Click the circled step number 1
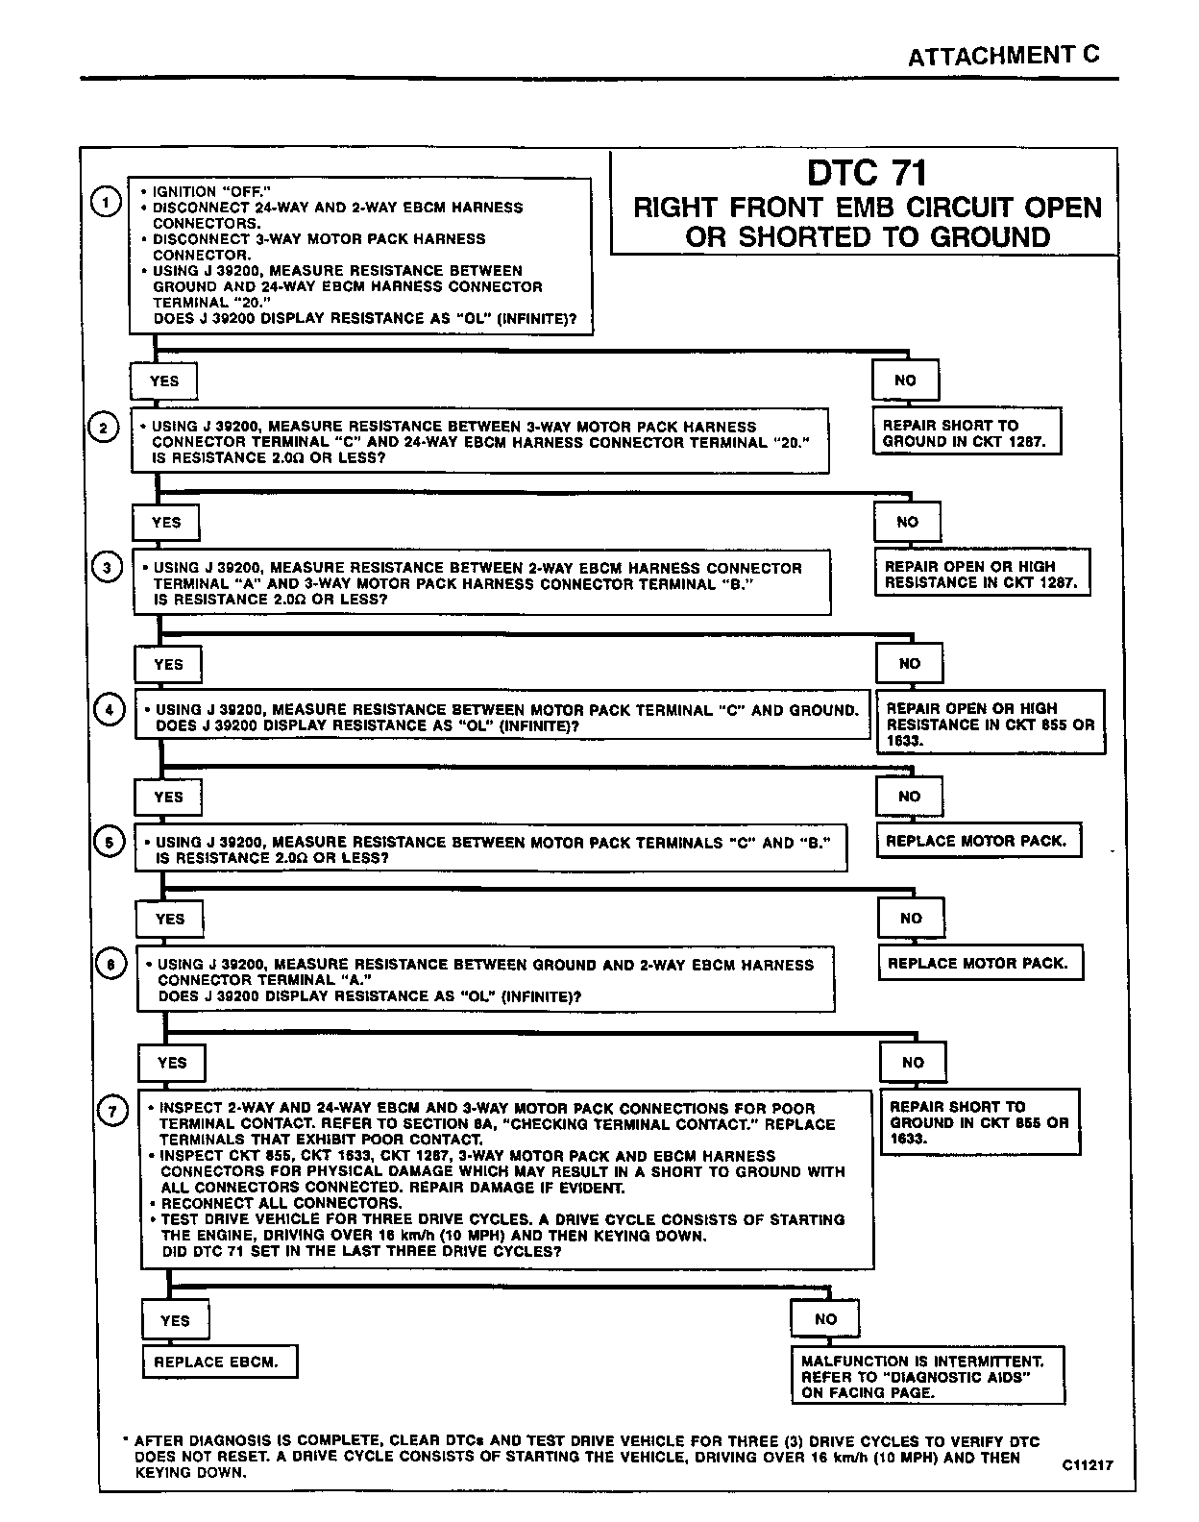105,202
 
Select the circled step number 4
110,710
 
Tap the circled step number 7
112,1112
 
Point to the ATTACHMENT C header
1003,56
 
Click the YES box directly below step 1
164,381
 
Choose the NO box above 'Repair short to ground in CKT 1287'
905,380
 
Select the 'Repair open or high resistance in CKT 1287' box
981,575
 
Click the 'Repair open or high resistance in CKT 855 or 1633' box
990,724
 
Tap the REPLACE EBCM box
218,1362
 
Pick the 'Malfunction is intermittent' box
927,1376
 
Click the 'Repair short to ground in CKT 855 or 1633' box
979,1122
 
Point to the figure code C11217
1087,1465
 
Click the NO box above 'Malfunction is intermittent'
825,1319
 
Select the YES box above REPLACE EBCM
175,1320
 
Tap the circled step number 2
104,428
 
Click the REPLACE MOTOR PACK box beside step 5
976,841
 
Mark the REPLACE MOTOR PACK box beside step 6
978,963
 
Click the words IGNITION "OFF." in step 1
205,191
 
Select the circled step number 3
106,568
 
